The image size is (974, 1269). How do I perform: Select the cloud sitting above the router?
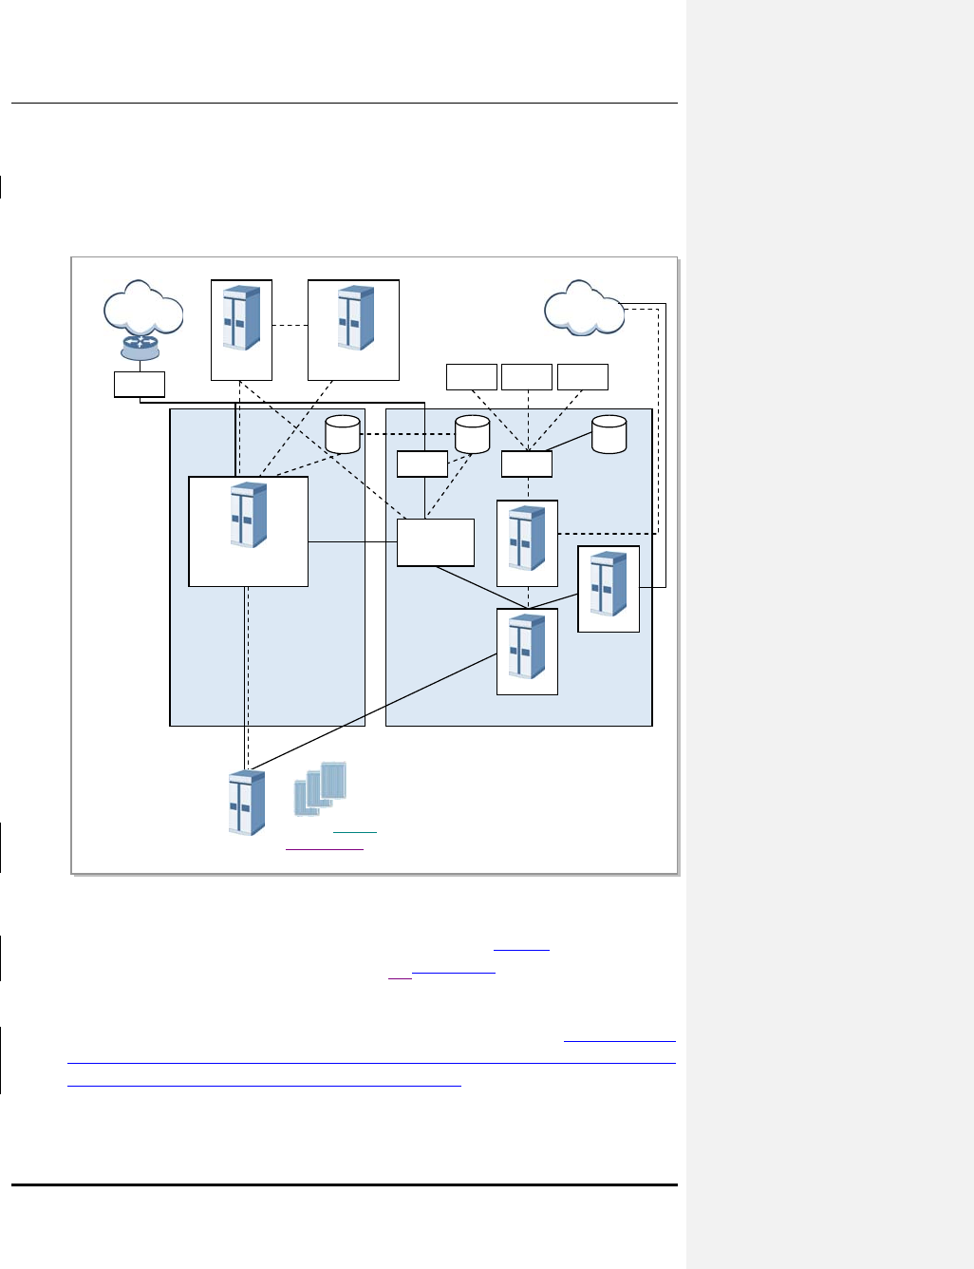[x=142, y=307]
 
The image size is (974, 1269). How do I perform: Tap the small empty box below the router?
[x=140, y=384]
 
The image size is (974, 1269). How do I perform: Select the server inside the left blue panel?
[x=249, y=516]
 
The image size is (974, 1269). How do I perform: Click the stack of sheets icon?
[x=320, y=789]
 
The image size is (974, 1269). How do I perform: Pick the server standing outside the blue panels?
[x=247, y=804]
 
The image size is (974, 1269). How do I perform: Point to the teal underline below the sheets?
[x=355, y=833]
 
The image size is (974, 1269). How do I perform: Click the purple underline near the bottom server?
[x=325, y=847]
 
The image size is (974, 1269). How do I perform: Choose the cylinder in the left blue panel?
[x=343, y=434]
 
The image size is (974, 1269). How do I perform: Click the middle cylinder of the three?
[x=472, y=434]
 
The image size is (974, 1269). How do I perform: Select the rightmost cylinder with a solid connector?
[x=609, y=434]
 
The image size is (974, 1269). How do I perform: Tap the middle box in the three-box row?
[x=527, y=376]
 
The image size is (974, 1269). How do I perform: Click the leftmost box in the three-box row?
[x=472, y=376]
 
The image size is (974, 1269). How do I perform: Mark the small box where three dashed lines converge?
[x=527, y=464]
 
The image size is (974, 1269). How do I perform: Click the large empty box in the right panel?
[x=436, y=542]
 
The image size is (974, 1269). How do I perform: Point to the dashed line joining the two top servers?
[x=290, y=326]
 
